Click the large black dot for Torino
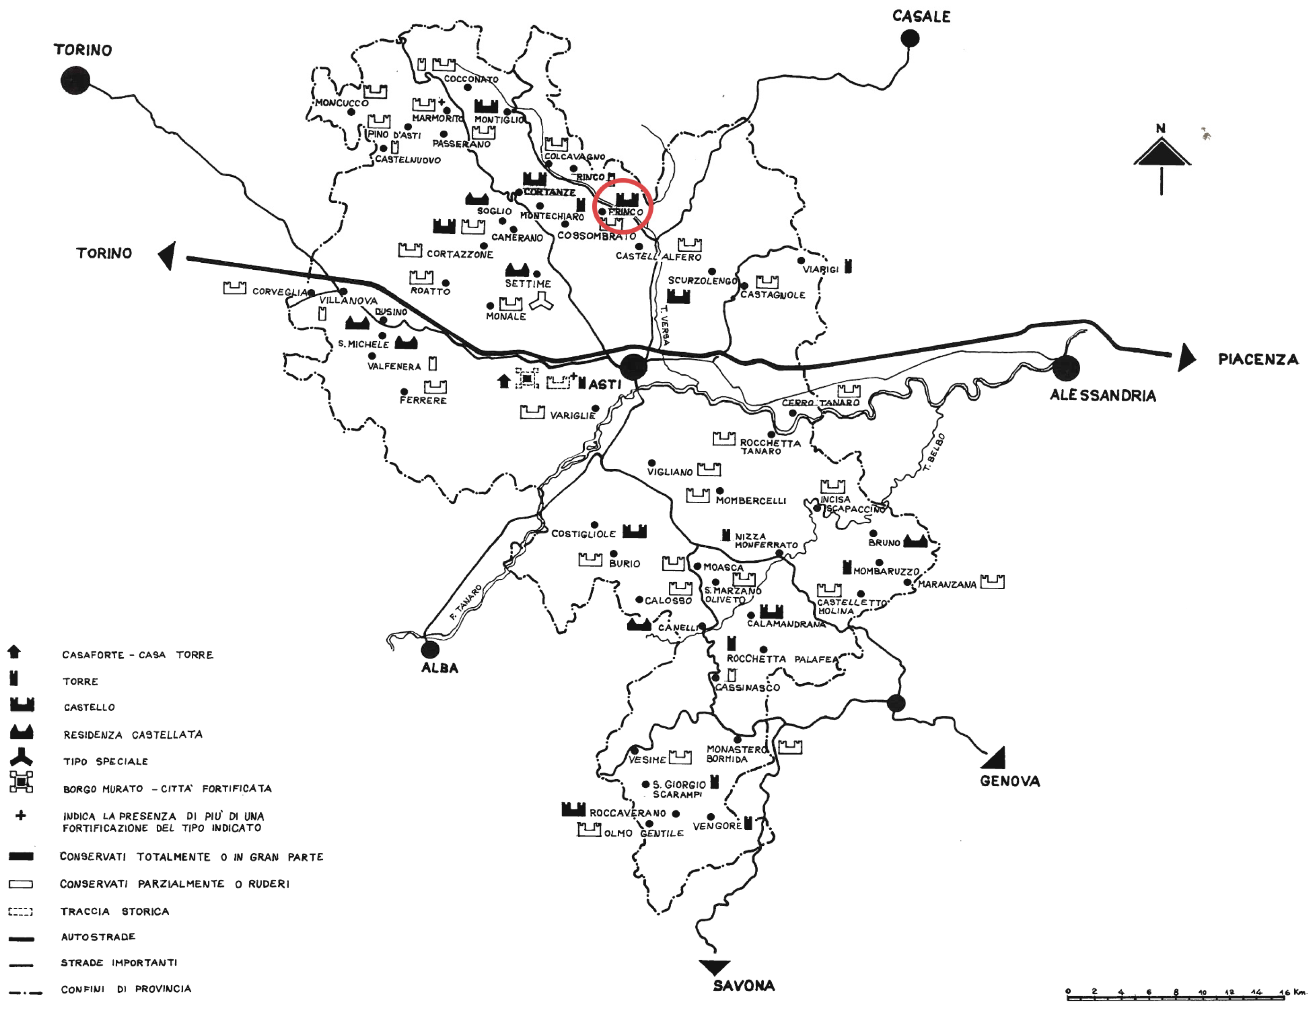(x=75, y=80)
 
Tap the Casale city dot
(x=910, y=39)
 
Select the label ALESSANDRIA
(x=1102, y=396)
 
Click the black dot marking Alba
(x=430, y=650)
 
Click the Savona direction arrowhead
(x=714, y=967)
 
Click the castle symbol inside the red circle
(x=627, y=200)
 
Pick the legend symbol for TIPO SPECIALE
(x=21, y=757)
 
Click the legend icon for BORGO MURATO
(x=21, y=782)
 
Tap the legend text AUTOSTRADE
(x=98, y=937)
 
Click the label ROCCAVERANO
(x=628, y=813)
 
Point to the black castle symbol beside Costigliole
(x=634, y=531)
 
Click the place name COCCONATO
(x=471, y=79)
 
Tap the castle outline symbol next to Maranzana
(x=992, y=582)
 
